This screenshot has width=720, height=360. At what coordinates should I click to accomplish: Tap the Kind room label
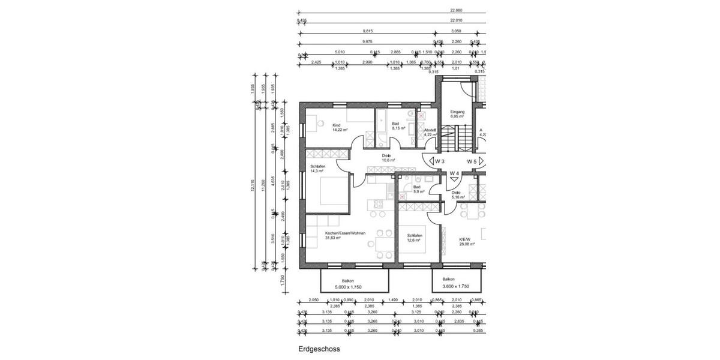tap(336, 125)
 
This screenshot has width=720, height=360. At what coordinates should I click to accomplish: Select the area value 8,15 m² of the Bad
tap(399, 128)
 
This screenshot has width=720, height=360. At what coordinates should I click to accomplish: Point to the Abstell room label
tap(430, 130)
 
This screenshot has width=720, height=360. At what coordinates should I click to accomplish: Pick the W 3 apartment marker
tap(440, 161)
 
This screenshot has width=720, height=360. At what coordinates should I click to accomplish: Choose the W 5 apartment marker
tap(472, 161)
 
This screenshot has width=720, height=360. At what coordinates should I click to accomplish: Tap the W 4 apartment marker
tap(455, 174)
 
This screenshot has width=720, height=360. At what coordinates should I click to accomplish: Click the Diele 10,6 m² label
tap(387, 158)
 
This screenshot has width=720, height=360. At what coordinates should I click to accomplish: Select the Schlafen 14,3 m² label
tap(318, 169)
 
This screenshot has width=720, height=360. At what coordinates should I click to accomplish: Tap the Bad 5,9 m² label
tap(418, 189)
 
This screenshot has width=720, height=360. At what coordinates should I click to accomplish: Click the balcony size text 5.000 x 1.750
tap(348, 287)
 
